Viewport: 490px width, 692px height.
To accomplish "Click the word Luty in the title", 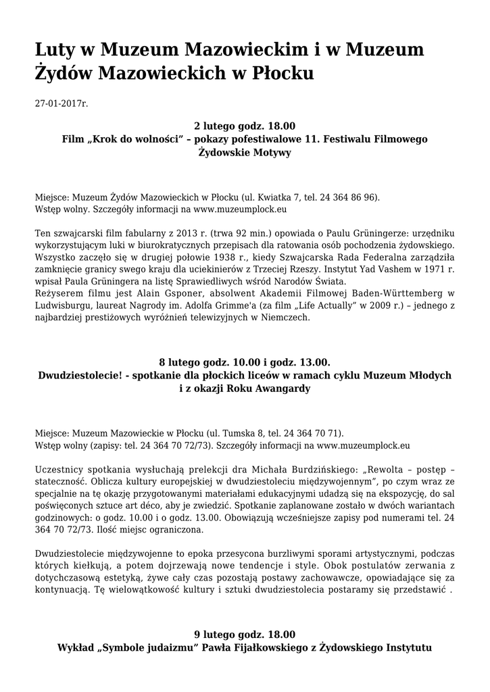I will pyautogui.click(x=57, y=50).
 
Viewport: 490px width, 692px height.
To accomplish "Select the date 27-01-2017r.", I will pyautogui.click(x=62, y=104).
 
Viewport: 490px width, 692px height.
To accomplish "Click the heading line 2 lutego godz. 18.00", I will pyautogui.click(x=245, y=126).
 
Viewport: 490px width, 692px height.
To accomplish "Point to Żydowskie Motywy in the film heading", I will pyautogui.click(x=245, y=153).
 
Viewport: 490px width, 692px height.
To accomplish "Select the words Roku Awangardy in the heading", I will pyautogui.click(x=270, y=389).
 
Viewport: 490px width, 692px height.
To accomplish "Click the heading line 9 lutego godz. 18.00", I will pyautogui.click(x=245, y=634).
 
